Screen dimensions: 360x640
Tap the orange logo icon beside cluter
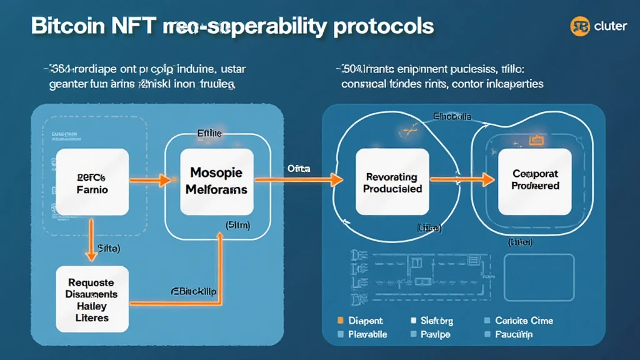(580, 27)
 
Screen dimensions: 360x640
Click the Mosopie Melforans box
(217, 180)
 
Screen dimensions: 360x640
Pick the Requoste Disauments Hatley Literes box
(92, 299)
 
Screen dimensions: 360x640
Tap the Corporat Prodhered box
(534, 180)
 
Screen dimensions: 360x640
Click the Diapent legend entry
(362, 321)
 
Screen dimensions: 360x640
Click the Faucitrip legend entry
(512, 334)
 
